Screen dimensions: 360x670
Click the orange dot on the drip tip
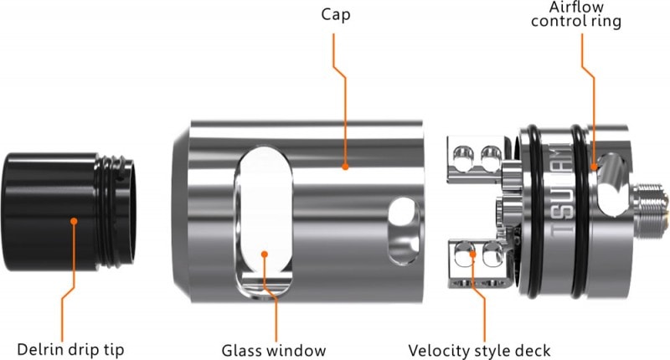coord(75,222)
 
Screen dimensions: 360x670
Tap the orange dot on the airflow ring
coord(595,167)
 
